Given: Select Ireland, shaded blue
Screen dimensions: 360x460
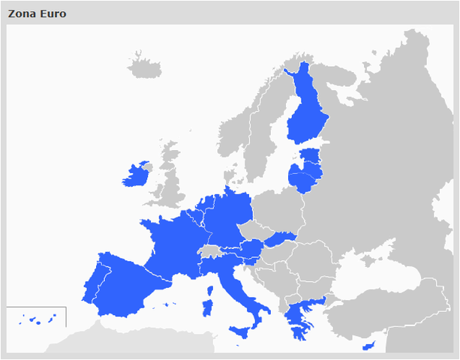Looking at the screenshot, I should [136, 175].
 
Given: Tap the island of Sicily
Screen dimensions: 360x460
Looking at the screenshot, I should [243, 331].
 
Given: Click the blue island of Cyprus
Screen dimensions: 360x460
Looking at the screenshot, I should [368, 346].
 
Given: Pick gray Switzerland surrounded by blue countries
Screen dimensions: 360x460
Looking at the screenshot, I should [211, 250].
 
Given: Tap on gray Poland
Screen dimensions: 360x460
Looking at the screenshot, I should [278, 206].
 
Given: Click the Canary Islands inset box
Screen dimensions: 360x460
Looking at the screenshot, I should [36, 317].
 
